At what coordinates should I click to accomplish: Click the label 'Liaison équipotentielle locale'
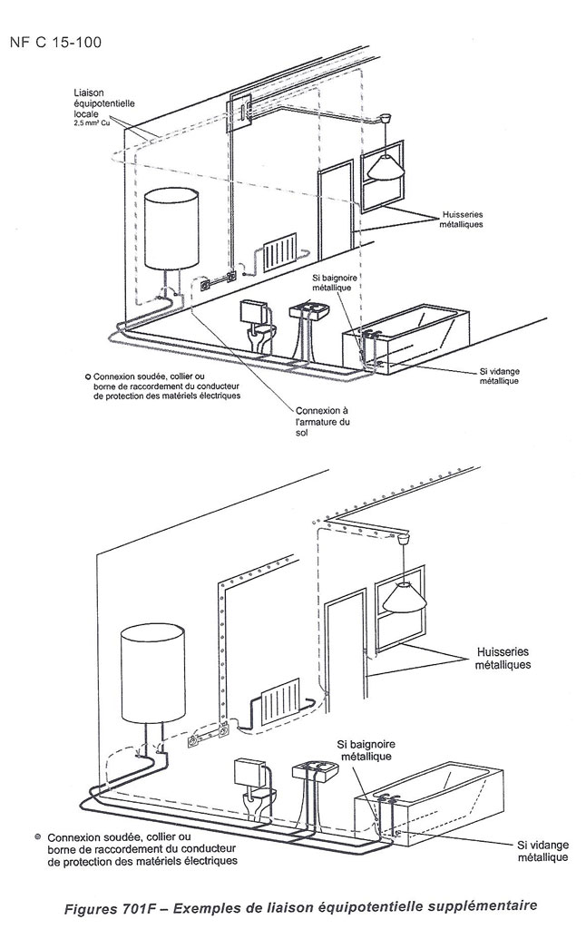(105, 104)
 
